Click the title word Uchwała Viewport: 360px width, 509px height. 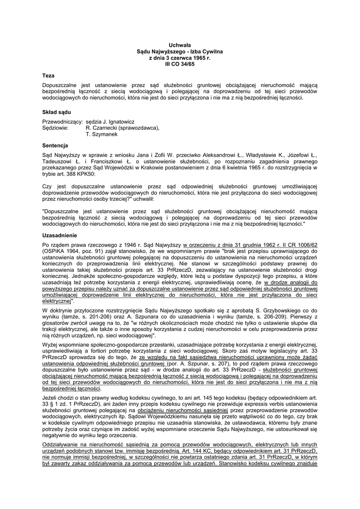pos(180,45)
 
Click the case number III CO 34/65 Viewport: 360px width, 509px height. pos(180,65)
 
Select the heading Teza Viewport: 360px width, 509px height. pos(48,76)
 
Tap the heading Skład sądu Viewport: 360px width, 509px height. pos(56,112)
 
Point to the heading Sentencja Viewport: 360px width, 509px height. pos(55,146)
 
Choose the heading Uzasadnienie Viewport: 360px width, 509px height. pos(60,235)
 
